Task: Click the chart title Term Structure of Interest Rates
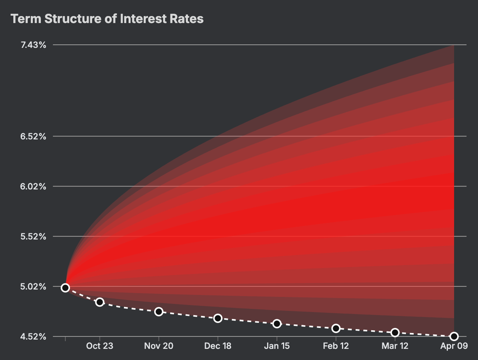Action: point(107,19)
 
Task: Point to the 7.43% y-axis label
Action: point(33,45)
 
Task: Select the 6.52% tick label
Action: point(33,136)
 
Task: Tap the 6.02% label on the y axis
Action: point(33,186)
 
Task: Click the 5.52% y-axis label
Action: point(33,236)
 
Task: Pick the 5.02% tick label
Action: point(33,286)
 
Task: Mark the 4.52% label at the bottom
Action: point(33,336)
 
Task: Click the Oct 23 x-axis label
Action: point(100,346)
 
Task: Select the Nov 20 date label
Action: point(159,346)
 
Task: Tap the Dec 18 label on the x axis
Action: point(218,346)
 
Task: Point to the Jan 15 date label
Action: point(277,346)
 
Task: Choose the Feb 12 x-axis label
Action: point(336,346)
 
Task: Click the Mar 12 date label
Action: point(395,346)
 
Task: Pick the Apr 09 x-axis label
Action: point(454,346)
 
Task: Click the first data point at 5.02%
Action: point(65,288)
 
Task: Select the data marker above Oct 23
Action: point(100,302)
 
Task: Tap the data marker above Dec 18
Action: point(218,318)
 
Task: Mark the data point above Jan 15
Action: point(277,324)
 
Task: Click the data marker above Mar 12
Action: point(395,333)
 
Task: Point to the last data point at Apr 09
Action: point(454,336)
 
